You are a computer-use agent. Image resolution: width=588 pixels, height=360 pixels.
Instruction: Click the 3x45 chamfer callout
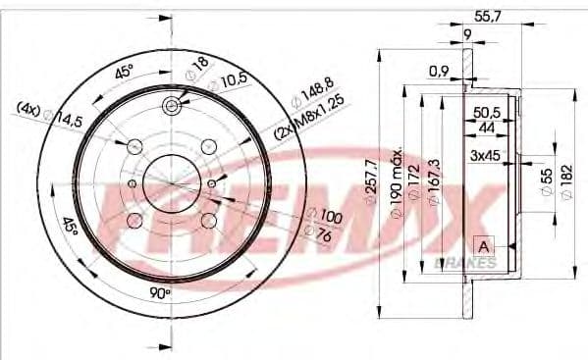click(x=487, y=156)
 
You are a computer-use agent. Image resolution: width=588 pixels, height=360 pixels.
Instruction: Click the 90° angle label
click(x=161, y=292)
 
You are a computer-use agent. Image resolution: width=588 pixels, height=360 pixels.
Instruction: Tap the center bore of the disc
click(x=170, y=183)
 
